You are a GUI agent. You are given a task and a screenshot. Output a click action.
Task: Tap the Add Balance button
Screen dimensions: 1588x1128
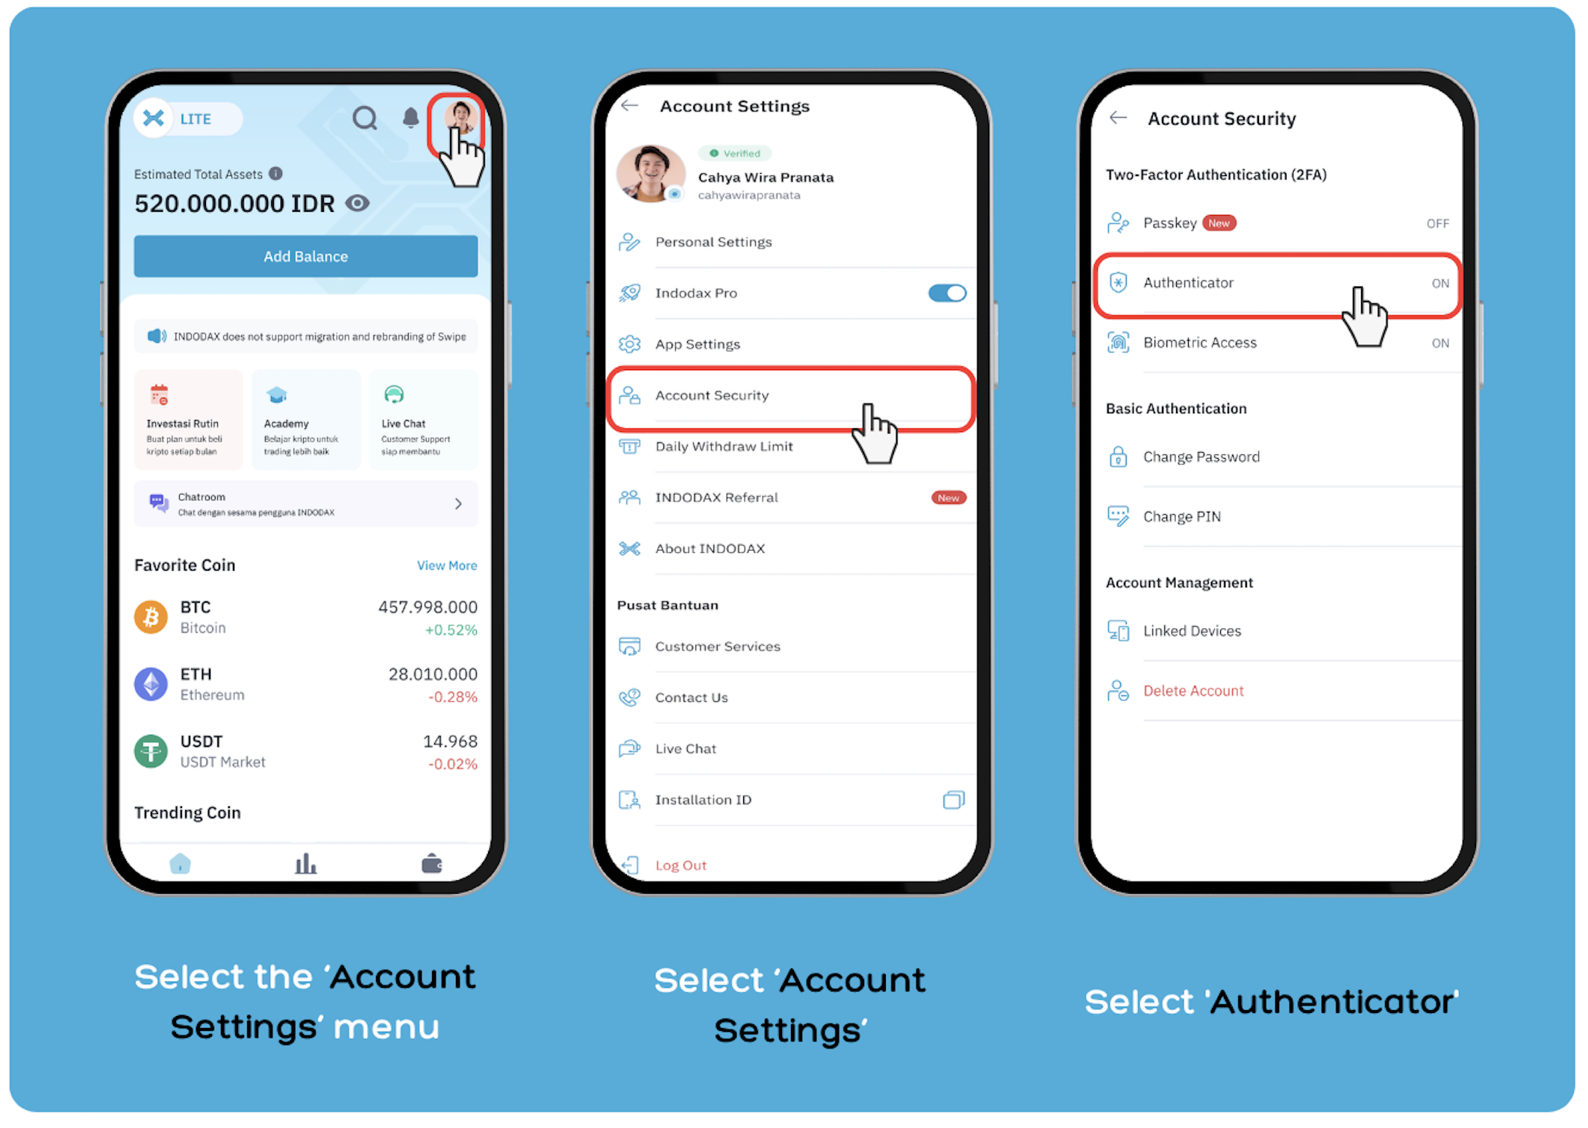306,257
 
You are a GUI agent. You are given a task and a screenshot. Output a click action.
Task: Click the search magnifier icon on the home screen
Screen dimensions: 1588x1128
365,118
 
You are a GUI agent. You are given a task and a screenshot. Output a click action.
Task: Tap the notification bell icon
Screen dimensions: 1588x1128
410,117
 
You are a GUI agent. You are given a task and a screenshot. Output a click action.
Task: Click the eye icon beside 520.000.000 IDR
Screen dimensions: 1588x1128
357,203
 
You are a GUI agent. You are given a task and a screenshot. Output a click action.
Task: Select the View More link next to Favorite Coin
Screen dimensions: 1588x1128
447,565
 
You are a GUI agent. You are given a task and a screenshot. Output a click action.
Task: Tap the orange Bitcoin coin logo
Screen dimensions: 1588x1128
151,617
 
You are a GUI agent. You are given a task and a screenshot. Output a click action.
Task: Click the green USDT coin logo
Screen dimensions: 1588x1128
151,751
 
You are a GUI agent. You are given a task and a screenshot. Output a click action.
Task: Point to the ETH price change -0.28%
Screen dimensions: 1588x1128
453,697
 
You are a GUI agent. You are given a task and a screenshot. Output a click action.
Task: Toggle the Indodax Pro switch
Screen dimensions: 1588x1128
948,293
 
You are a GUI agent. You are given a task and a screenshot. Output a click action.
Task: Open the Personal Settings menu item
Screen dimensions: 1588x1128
713,242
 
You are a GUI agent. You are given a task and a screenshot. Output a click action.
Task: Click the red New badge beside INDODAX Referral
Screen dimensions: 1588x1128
948,498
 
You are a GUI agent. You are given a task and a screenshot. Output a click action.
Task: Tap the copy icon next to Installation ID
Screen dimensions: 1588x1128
954,800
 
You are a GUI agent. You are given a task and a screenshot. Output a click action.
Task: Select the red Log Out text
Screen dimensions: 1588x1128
681,865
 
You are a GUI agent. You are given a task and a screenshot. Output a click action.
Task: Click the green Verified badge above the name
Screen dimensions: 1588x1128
735,154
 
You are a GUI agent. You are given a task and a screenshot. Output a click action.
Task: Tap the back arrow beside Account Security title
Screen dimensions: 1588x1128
1118,118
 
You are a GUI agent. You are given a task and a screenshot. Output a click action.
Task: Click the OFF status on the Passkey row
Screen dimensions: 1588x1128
1437,224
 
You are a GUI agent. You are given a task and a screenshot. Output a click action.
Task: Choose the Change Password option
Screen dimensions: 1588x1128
1201,457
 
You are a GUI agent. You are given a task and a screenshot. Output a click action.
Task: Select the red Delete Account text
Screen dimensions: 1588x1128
1193,691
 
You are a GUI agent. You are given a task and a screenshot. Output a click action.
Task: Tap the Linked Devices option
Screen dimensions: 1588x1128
1192,631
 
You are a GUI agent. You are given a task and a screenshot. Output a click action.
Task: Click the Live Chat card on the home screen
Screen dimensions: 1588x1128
423,420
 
